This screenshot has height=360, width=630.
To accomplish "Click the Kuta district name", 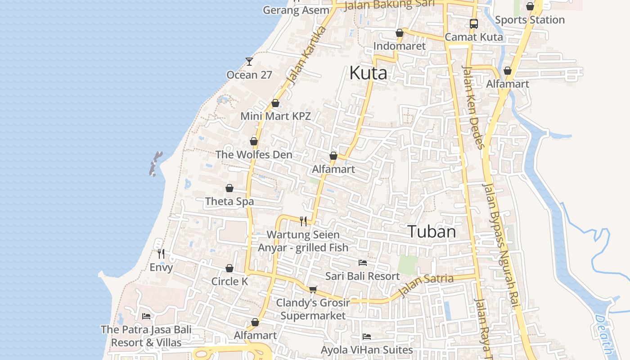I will pos(368,72).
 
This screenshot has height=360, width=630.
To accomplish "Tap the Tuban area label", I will pos(432,231).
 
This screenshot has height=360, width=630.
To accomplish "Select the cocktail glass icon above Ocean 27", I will pos(249,62).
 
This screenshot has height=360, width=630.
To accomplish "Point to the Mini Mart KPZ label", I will pos(275,116).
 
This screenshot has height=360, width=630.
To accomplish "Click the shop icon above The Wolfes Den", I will pos(254,141).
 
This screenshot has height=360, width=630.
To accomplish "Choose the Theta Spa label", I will pos(229,201).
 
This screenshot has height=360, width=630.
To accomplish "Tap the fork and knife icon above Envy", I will pos(161,254).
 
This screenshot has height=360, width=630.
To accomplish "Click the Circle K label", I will pos(229,281).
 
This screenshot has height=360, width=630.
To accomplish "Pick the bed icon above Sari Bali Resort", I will pos(363,263).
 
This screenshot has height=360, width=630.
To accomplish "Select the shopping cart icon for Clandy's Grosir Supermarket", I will pos(313,289).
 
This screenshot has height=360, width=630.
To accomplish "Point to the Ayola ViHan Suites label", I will pos(367,350).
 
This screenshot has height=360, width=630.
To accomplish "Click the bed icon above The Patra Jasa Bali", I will pos(146,316).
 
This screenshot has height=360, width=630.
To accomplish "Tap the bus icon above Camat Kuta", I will pos(474,24).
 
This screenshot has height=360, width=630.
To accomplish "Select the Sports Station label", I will pos(530,20).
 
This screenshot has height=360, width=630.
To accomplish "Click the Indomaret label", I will pos(400,46).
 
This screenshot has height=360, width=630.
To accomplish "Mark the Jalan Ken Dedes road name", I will pos(473,107).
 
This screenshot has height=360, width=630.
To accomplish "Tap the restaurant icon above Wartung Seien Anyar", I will pos(303,221).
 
